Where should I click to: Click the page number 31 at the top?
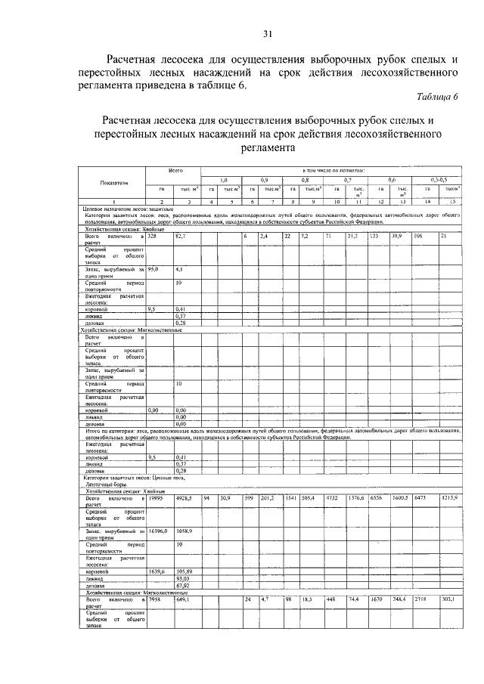(x=266, y=33)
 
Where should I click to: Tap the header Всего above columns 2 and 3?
(x=175, y=171)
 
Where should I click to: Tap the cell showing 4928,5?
(x=185, y=499)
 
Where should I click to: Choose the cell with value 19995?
(x=156, y=499)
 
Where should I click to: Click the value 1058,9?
(x=185, y=531)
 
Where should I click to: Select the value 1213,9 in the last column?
(x=451, y=499)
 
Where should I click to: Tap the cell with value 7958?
(x=155, y=599)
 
